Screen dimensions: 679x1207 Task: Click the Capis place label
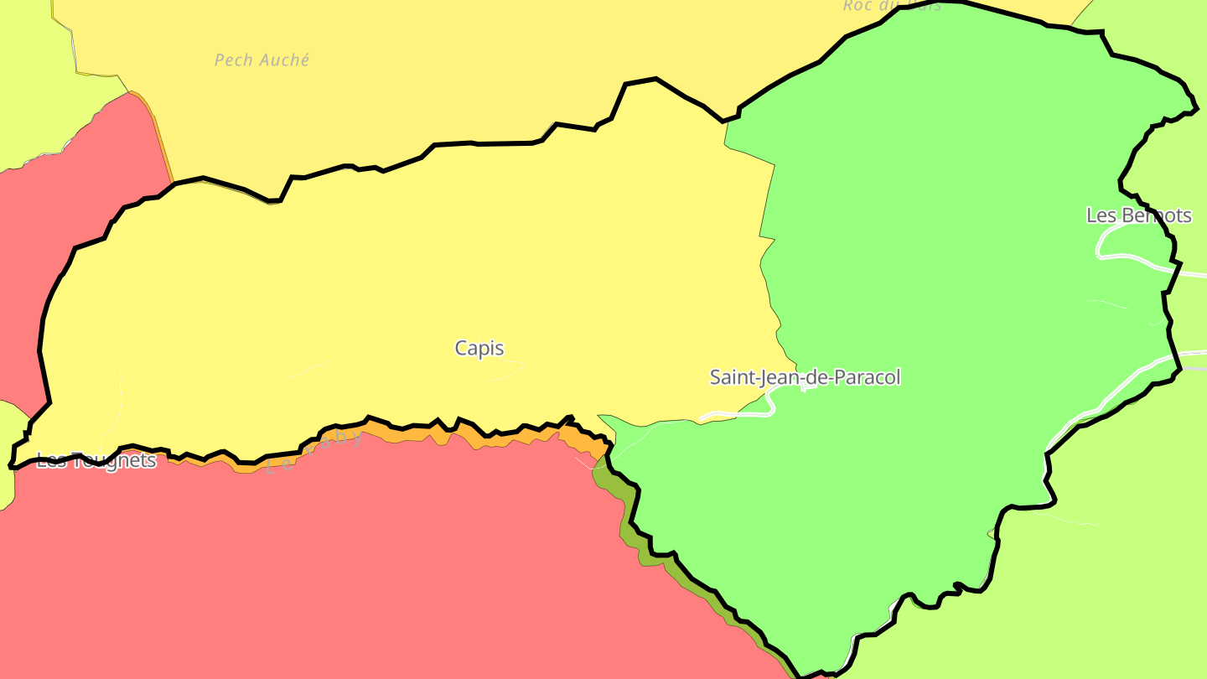click(x=479, y=348)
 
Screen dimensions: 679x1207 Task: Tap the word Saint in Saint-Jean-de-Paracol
click(x=732, y=377)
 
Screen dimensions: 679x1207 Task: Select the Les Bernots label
click(x=1138, y=215)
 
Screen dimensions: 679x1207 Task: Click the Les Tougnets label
click(x=96, y=460)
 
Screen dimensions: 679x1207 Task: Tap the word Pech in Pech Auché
click(x=234, y=60)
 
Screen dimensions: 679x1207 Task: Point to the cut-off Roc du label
click(x=891, y=6)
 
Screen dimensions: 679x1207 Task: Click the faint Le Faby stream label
click(x=313, y=451)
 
